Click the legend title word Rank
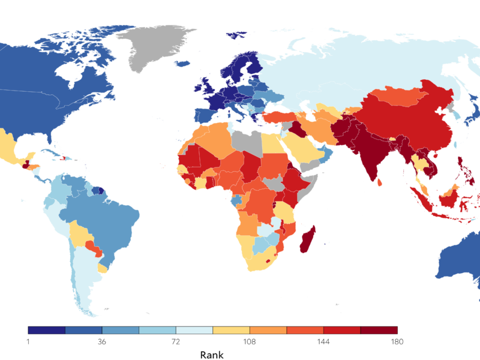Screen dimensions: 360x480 click(212, 355)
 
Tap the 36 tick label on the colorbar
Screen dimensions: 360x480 click(102, 342)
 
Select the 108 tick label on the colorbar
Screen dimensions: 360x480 click(250, 342)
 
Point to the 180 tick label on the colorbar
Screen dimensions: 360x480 click(397, 342)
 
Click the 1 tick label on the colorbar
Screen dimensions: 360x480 click(28, 342)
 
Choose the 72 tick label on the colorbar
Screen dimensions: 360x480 click(176, 342)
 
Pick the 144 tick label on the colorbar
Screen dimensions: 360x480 click(323, 342)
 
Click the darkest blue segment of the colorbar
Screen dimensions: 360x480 click(46, 330)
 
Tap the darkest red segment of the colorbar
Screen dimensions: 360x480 click(379, 330)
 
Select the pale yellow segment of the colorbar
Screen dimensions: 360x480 click(231, 330)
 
